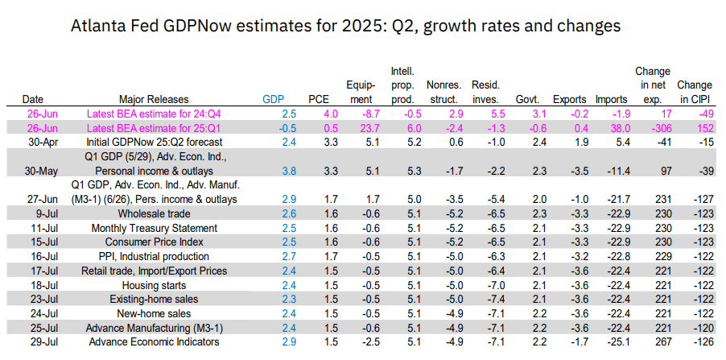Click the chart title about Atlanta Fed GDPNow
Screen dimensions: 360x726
tap(346, 26)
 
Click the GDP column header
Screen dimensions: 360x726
tap(274, 99)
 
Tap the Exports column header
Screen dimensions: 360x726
tap(570, 99)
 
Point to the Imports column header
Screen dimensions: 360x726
tap(612, 99)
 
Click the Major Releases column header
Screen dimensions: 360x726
tap(154, 99)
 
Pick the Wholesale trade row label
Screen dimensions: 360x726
tap(154, 213)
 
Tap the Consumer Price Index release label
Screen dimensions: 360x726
tap(154, 242)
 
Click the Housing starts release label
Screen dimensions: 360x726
tap(154, 285)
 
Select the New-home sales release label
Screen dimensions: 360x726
tap(154, 314)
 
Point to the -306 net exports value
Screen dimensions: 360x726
tap(652, 128)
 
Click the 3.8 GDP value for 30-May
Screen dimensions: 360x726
tap(274, 171)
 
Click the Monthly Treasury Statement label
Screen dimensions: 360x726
tap(154, 228)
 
